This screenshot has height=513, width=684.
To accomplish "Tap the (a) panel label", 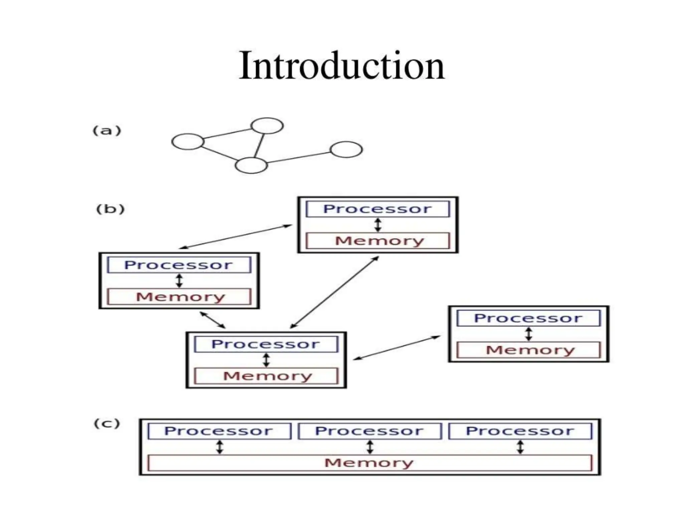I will pyautogui.click(x=107, y=130).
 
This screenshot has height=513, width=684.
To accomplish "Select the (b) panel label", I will pyautogui.click(x=110, y=209).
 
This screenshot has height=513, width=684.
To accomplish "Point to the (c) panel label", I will pyautogui.click(x=107, y=423).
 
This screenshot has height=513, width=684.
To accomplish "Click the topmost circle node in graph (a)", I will pyautogui.click(x=267, y=126).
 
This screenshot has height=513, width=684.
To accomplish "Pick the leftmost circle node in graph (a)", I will pyautogui.click(x=188, y=142).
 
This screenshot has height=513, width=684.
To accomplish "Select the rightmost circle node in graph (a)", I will pyautogui.click(x=346, y=149).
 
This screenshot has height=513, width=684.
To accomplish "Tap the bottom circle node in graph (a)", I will pyautogui.click(x=251, y=165).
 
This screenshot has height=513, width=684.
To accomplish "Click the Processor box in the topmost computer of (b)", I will pyautogui.click(x=378, y=209).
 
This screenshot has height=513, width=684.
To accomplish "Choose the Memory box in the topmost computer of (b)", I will pyautogui.click(x=378, y=241).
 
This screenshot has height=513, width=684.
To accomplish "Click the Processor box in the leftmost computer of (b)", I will pyautogui.click(x=179, y=265).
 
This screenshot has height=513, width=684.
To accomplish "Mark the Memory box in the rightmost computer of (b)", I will pyautogui.click(x=528, y=350).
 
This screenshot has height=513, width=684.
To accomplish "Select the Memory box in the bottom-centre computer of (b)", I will pyautogui.click(x=266, y=376).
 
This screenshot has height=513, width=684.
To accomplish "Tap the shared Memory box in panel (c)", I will pyautogui.click(x=369, y=463).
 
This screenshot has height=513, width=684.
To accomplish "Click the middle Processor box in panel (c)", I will pyautogui.click(x=369, y=431).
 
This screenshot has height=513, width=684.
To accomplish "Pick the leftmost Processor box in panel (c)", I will pyautogui.click(x=219, y=431).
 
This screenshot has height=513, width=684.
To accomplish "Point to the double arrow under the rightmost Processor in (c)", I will pyautogui.click(x=520, y=447).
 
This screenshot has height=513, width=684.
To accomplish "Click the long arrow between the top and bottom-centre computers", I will pyautogui.click(x=334, y=292).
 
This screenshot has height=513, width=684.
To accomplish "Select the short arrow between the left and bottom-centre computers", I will pyautogui.click(x=212, y=320).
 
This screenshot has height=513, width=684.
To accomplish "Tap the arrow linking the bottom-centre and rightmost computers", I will pyautogui.click(x=396, y=348).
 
